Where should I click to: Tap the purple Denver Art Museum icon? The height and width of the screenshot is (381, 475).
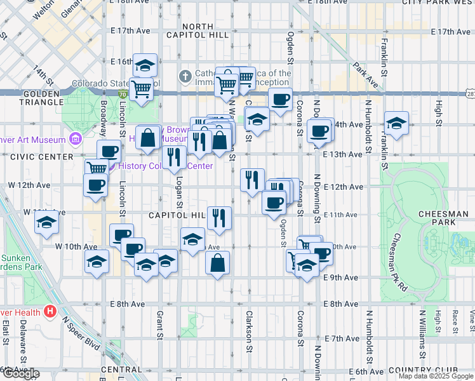(x=76, y=138)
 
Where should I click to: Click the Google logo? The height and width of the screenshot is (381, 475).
(x=20, y=373)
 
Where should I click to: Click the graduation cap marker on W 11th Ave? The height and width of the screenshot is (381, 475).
(x=47, y=223)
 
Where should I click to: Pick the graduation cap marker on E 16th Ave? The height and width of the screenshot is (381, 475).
(x=145, y=64)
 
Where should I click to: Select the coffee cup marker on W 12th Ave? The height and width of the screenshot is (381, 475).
(x=96, y=185)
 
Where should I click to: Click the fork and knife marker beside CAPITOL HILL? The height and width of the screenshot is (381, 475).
(x=220, y=218)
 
